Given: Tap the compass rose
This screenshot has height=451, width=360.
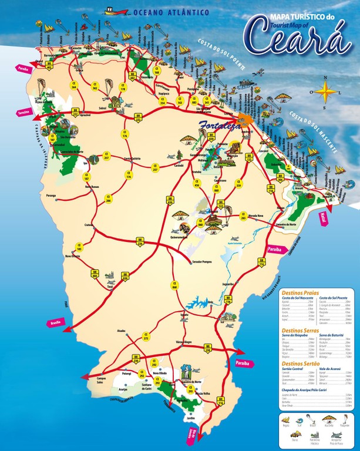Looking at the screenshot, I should point(324,90).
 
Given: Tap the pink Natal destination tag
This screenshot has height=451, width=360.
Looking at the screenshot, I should point(322,218).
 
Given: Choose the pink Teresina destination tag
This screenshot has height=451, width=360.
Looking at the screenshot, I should point(24,112).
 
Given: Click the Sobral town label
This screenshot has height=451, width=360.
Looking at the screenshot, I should point(103,109).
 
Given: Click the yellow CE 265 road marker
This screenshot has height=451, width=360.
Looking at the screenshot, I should point(243,217).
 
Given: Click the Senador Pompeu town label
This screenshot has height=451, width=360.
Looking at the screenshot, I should point(198,260).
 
